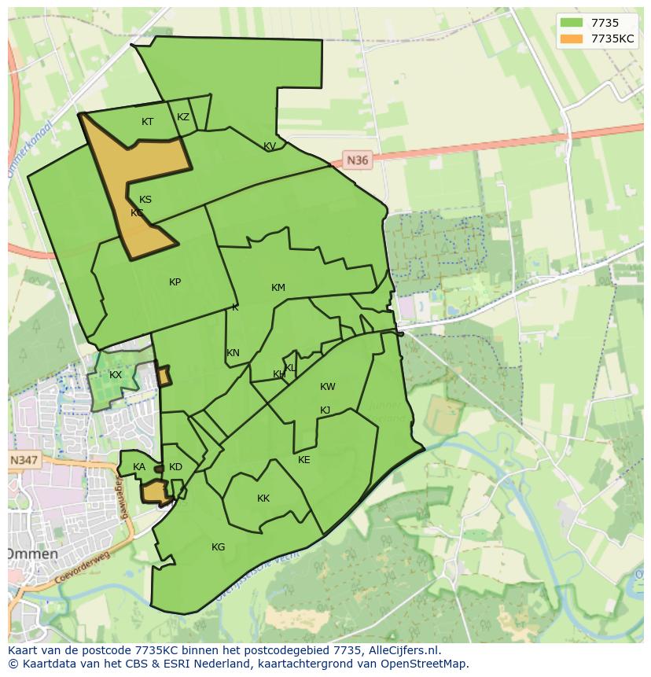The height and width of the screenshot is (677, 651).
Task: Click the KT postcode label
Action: coord(147,122)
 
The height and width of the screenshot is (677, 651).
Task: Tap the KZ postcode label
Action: coord(183,117)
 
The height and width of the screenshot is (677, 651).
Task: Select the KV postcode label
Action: coord(270,146)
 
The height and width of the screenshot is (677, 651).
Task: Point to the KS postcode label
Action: coord(145,200)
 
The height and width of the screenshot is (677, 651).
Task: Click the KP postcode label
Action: coord(175,282)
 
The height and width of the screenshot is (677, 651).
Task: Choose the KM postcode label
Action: coord(278,288)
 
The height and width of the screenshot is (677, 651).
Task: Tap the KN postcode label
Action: coord(233,353)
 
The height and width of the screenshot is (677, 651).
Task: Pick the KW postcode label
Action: coord(328,387)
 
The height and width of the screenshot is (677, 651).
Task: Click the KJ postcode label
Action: coord(325,410)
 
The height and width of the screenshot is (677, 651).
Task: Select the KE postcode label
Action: coord(304,460)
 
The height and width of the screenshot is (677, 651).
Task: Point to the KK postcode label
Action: coord(263,499)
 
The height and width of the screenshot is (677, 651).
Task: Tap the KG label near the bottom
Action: coord(219,547)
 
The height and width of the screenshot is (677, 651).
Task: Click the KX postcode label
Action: coord(116,375)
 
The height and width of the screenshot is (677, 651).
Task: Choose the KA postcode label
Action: coord(139,467)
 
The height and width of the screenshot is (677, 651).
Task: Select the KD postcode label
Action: coord(175,467)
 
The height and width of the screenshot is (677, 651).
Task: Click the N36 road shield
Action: coord(357,160)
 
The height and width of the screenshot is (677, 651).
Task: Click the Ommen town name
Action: coord(33,554)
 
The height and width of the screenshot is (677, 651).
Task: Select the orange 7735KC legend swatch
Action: coord(572,39)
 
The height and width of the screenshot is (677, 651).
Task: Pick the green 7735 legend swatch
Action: coord(572,23)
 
